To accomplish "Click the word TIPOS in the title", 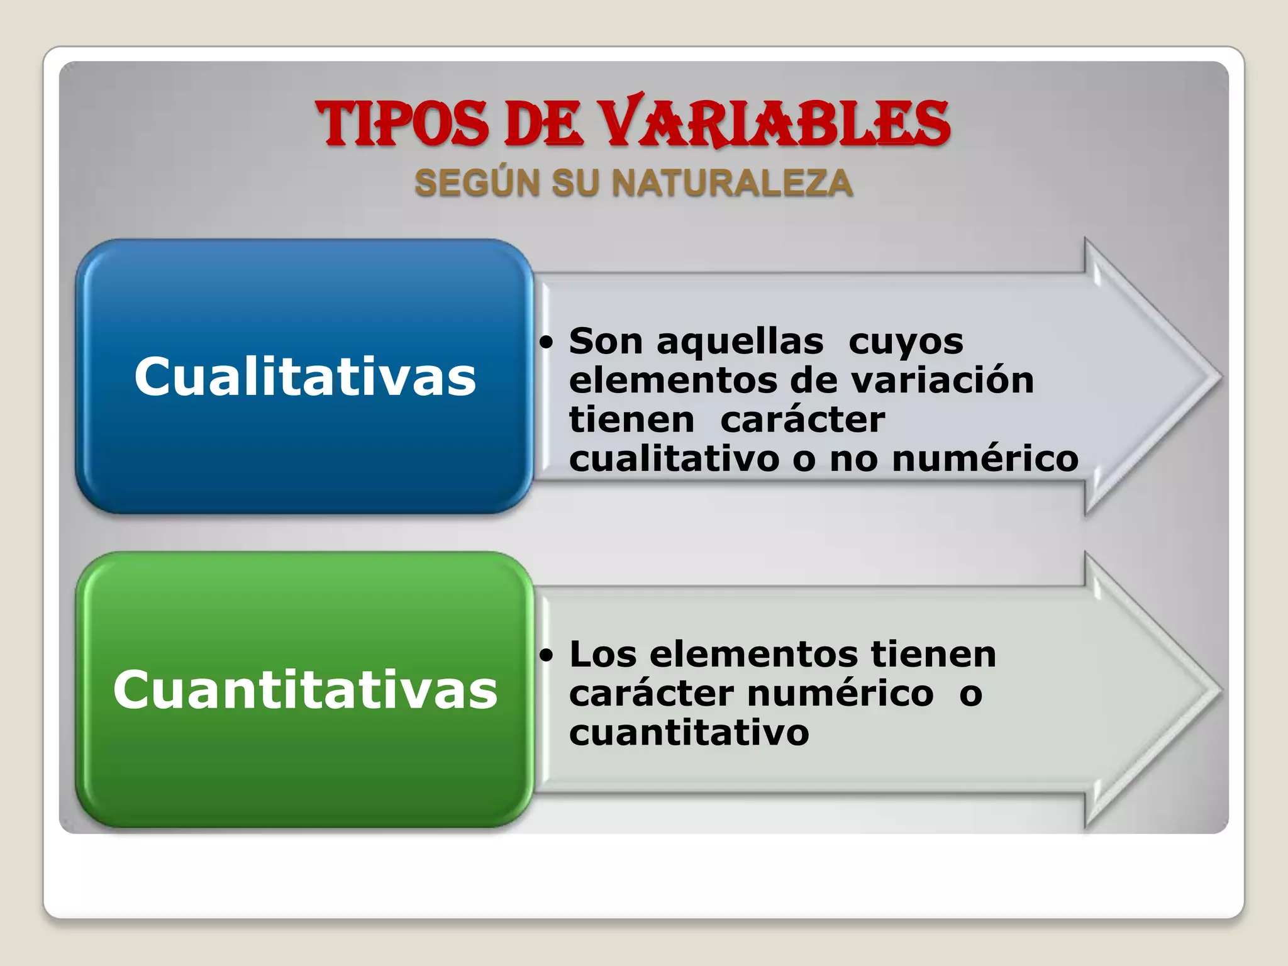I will [x=402, y=124].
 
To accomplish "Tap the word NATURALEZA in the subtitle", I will [x=733, y=184].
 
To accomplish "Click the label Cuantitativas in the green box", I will [x=305, y=689].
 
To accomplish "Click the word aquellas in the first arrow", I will [x=740, y=342].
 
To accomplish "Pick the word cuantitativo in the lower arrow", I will [x=689, y=733].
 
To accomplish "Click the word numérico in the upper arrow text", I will [x=985, y=458].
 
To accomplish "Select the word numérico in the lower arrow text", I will [x=840, y=694].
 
